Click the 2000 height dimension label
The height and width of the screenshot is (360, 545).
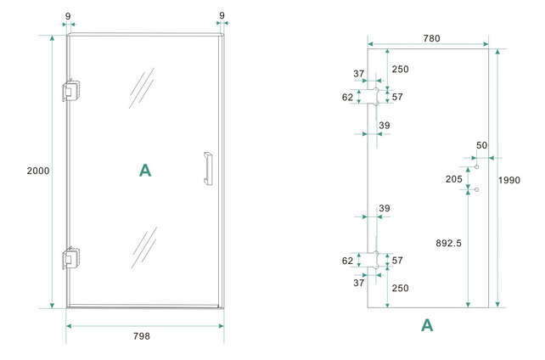coord(38,171)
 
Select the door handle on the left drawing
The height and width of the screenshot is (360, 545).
coord(206,168)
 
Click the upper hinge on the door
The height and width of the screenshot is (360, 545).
coord(70,92)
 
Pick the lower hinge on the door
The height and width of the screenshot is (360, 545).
coord(70,258)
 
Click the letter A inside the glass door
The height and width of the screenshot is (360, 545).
coord(145,171)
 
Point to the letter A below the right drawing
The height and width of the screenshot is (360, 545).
coord(427,325)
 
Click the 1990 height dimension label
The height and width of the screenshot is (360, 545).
coord(510,180)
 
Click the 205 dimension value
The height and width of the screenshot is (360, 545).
coord(454,178)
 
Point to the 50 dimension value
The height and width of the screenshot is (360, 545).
coord(481,146)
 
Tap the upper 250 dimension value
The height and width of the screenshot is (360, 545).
coord(400,69)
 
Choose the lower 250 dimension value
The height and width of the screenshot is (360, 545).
coord(400,288)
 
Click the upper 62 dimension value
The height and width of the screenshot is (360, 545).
coord(348,97)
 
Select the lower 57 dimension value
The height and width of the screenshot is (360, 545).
coord(396,261)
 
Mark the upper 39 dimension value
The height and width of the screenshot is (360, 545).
coord(384,126)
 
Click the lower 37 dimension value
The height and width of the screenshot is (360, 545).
coord(358,283)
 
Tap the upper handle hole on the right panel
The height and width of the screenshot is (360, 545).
coord(477,166)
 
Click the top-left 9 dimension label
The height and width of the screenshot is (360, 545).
coord(68,15)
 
